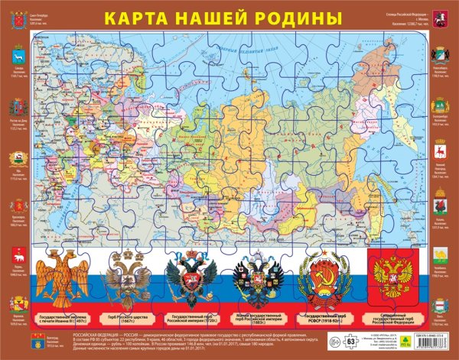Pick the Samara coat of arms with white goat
click(18, 57)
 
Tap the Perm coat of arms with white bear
click(18, 256)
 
